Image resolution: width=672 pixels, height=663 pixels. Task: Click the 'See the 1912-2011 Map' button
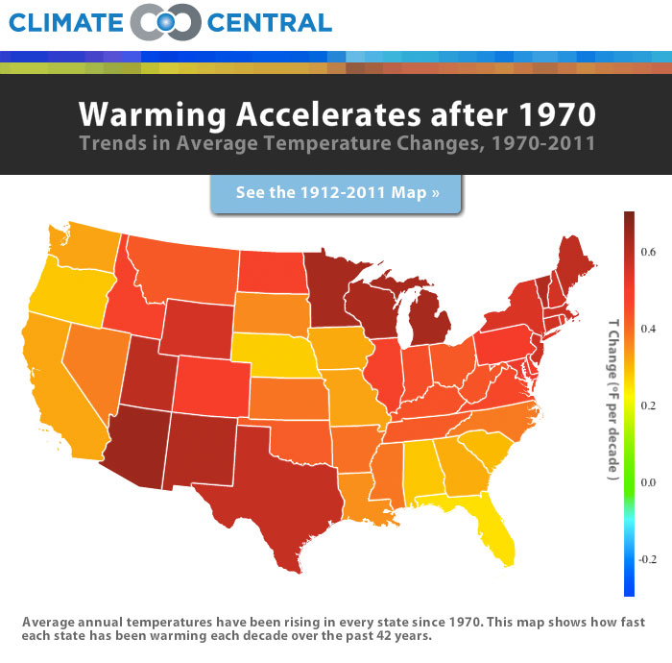336,192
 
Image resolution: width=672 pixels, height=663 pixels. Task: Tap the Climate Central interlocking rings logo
165,21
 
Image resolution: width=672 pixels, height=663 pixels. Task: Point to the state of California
53,384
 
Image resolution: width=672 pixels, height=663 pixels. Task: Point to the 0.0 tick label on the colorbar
648,482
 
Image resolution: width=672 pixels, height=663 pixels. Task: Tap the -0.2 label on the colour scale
646,559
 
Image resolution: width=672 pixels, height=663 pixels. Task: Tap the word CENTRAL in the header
272,22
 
